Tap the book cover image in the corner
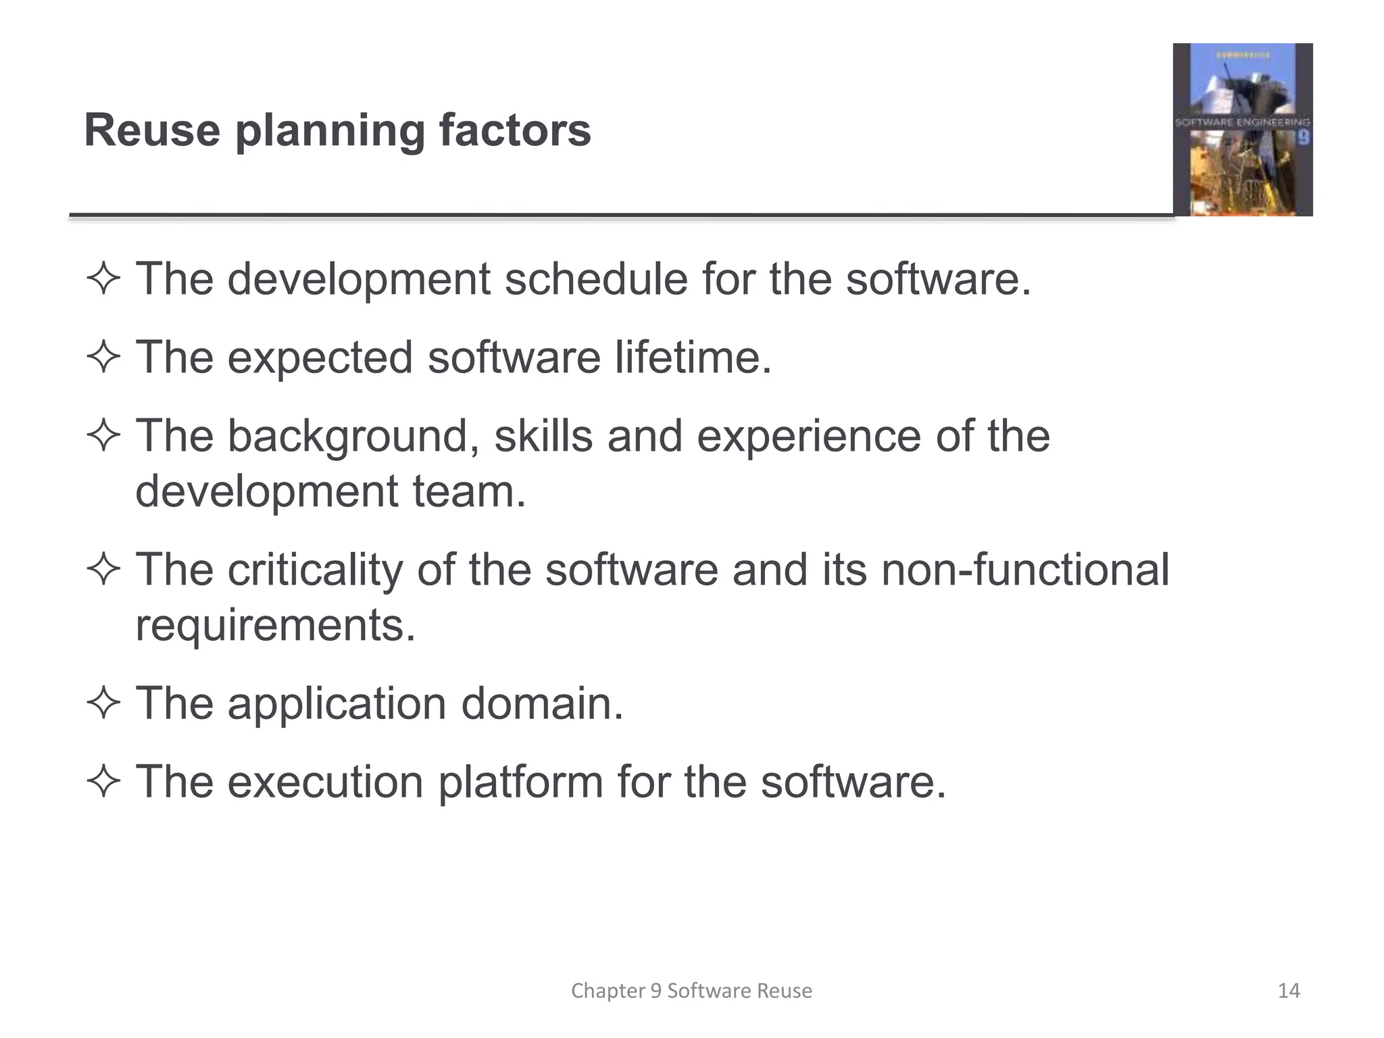(1242, 130)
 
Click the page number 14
(1289, 991)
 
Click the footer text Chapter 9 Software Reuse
(691, 991)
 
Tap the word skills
(543, 436)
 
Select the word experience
(808, 436)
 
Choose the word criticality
(315, 570)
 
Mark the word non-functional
(1025, 570)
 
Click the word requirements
(275, 625)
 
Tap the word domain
(542, 703)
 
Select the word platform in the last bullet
(520, 782)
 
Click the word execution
(326, 782)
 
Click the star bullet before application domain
(103, 703)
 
